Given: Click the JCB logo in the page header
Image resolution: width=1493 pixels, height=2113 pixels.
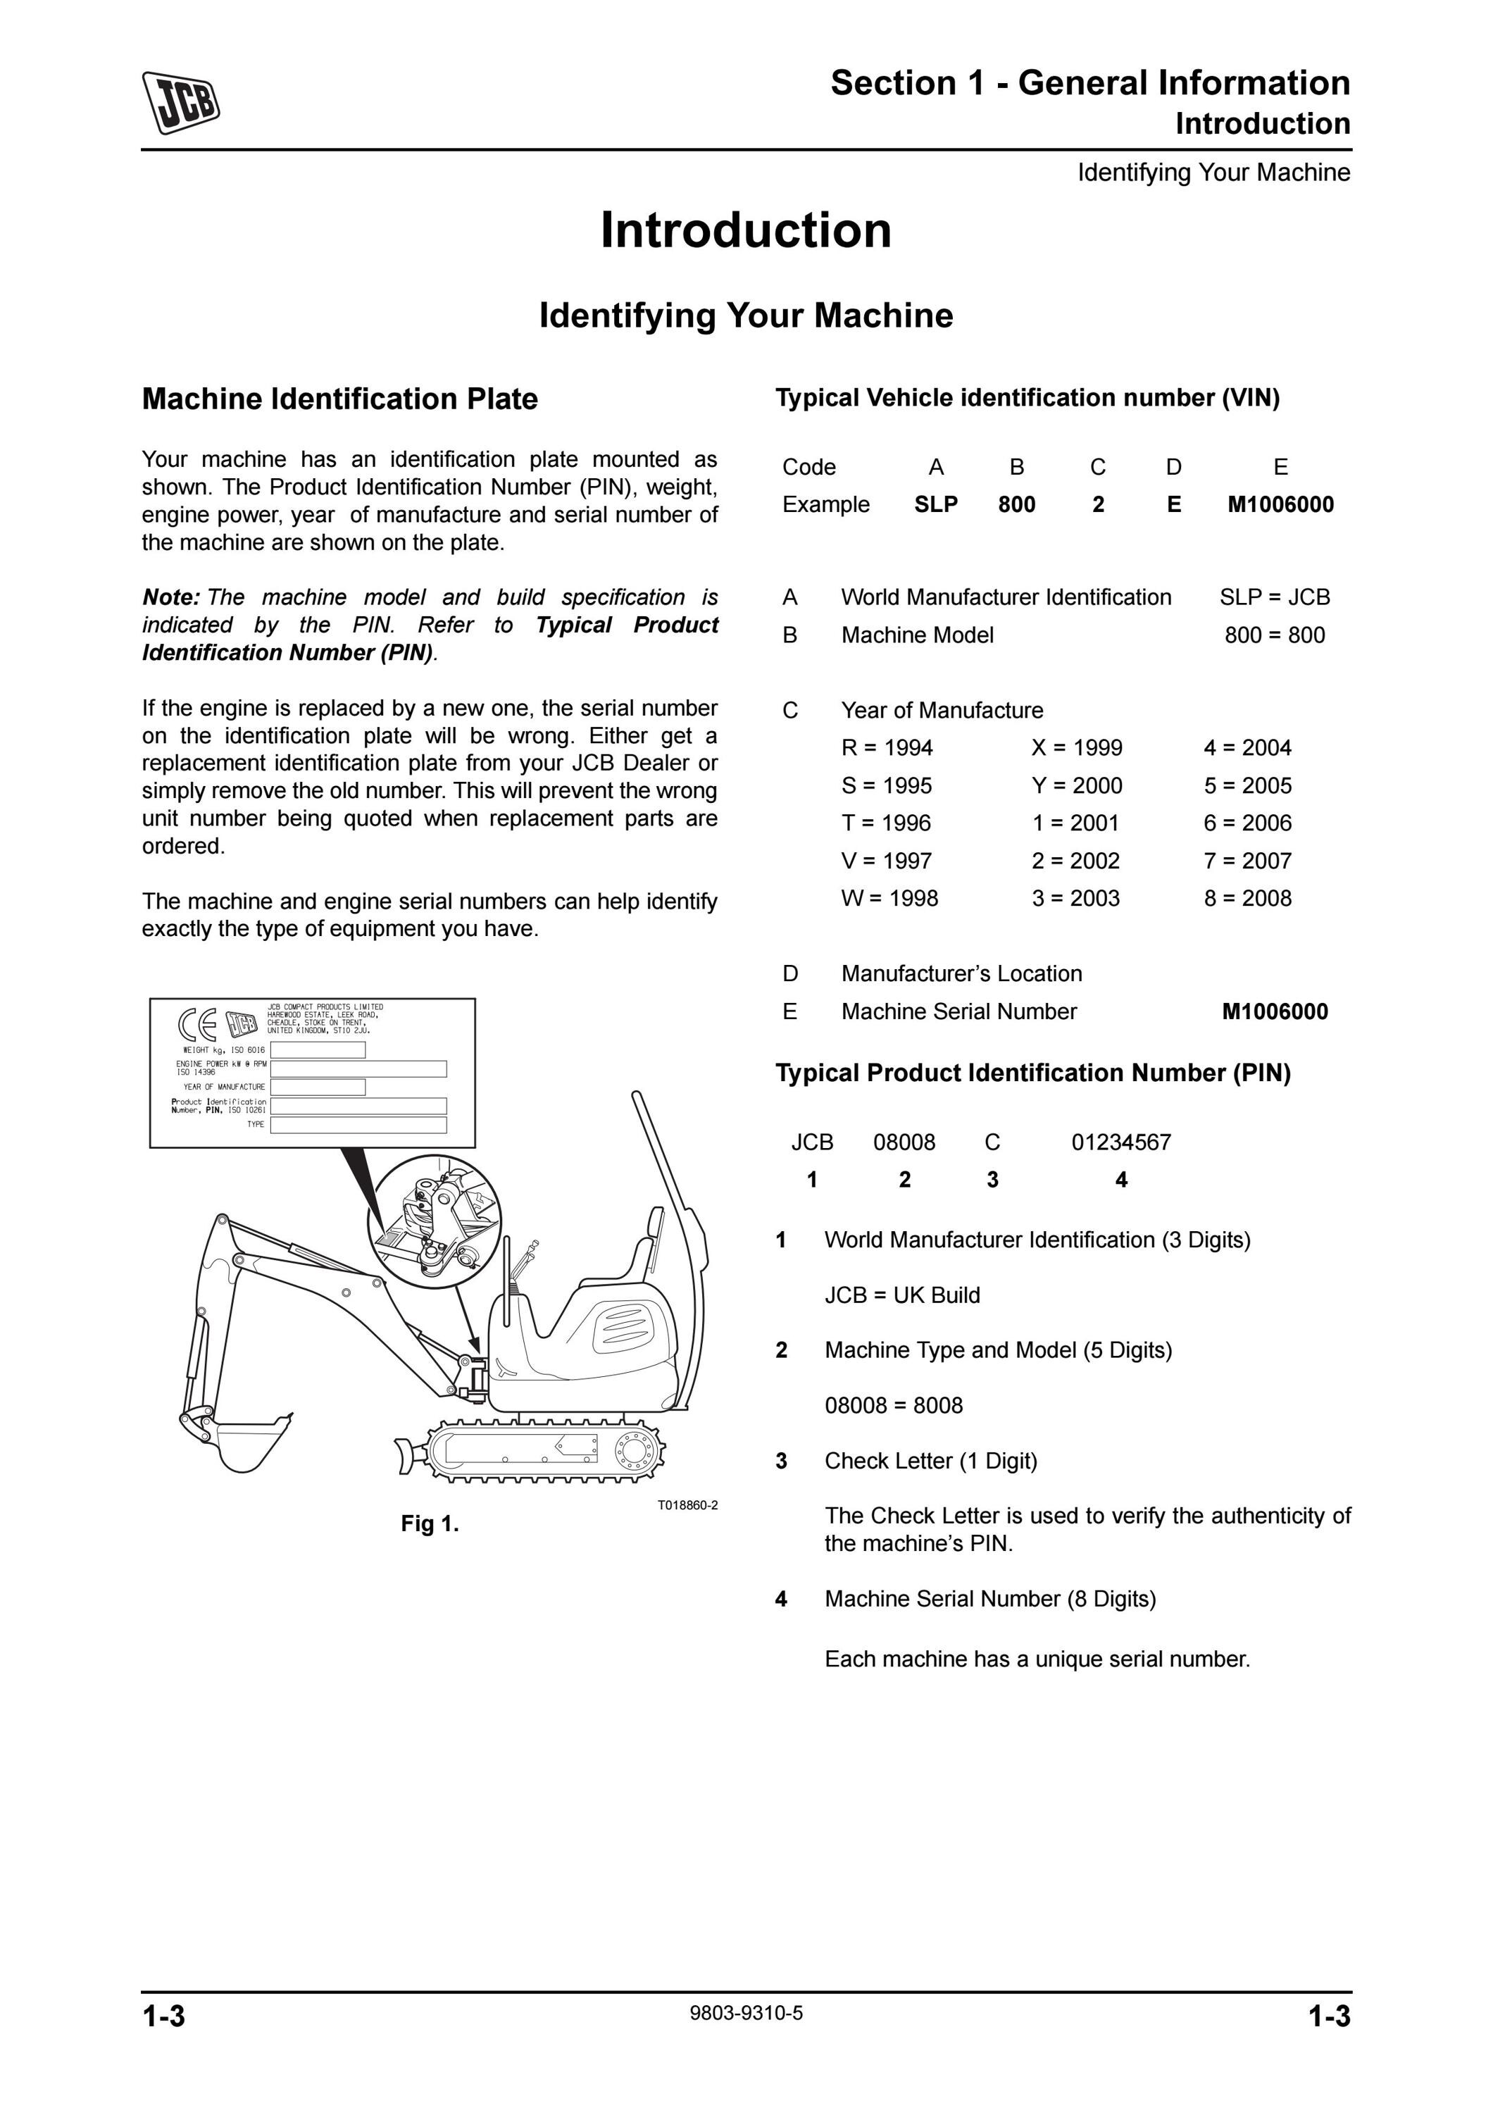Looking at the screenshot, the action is click(181, 102).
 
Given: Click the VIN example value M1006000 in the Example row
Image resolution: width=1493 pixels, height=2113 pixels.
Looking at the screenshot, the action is click(1280, 504).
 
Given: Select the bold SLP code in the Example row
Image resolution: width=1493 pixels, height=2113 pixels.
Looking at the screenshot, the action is click(935, 504).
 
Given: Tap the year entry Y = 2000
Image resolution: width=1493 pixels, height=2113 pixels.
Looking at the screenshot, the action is click(1076, 786).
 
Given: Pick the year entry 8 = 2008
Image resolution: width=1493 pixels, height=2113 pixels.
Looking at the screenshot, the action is click(1247, 898).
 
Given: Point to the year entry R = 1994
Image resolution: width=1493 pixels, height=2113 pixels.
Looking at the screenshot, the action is click(887, 748).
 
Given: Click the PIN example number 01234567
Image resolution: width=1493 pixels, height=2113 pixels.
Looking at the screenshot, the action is click(1121, 1143).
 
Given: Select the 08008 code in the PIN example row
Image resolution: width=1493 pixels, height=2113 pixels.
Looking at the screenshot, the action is click(904, 1143).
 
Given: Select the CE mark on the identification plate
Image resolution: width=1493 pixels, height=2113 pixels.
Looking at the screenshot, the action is click(197, 1023).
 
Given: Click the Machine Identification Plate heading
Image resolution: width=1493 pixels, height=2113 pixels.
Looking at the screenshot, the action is click(339, 399).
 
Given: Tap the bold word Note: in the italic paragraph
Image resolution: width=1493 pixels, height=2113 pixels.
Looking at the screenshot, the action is click(171, 597).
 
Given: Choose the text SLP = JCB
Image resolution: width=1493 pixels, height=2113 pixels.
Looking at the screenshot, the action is click(1275, 597).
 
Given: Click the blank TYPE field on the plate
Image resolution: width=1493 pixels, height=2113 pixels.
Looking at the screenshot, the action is click(358, 1125).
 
